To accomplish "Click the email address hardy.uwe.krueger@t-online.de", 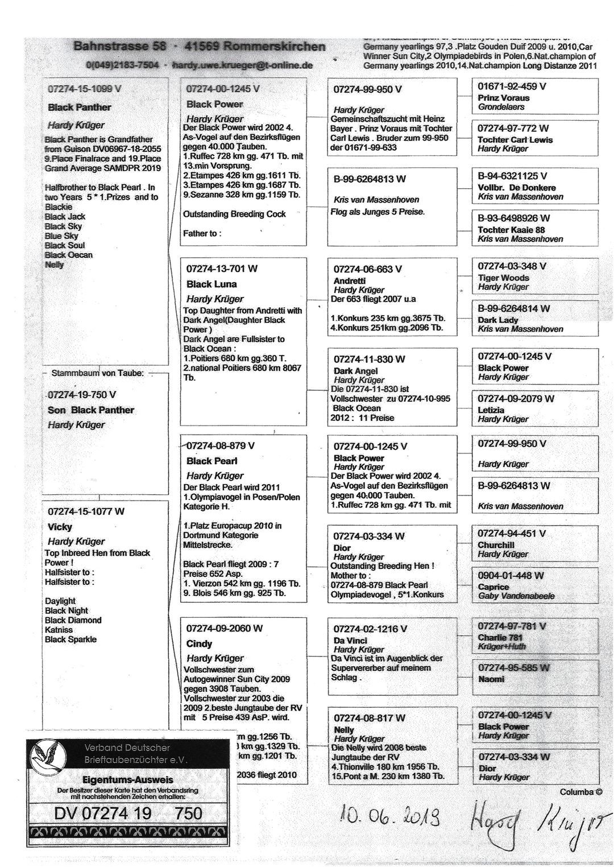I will (242, 65).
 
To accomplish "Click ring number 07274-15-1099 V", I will (84, 89).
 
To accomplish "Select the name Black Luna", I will (211, 284).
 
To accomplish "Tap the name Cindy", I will (199, 644).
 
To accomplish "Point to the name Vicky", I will (60, 527).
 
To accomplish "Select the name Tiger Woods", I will (503, 278).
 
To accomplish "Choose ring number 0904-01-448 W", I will (511, 576).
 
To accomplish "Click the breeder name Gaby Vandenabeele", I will (516, 596).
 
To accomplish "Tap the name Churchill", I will (496, 545).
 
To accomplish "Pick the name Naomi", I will (491, 679).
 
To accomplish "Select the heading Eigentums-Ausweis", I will (127, 779).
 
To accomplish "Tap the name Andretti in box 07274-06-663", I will (349, 281).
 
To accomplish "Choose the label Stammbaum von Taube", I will (98, 374).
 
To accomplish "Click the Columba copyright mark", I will (580, 792).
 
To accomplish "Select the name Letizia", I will (491, 410).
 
